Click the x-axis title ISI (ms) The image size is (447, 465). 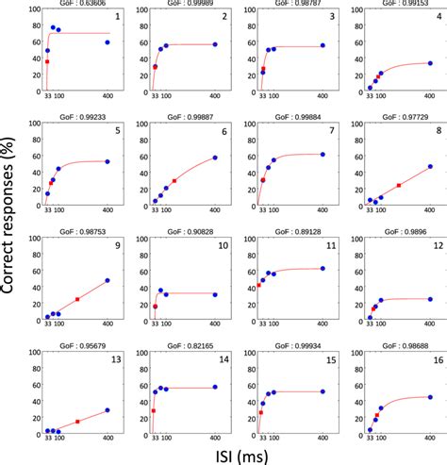click(x=247, y=454)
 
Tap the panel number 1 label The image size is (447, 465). click(x=116, y=17)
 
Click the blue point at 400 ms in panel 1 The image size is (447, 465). click(x=108, y=42)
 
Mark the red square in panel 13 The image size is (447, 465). click(x=77, y=422)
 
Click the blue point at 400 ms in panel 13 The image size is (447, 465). click(x=108, y=410)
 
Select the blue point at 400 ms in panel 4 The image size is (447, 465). click(x=430, y=63)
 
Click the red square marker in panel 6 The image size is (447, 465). click(x=174, y=180)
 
